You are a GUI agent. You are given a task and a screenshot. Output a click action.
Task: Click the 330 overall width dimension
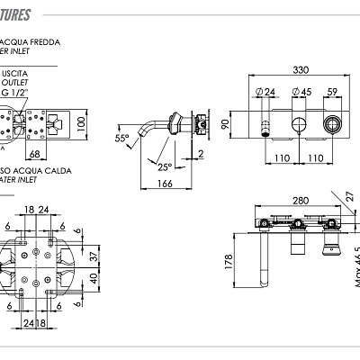(301, 69)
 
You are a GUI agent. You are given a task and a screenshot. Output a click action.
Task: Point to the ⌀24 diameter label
(266, 92)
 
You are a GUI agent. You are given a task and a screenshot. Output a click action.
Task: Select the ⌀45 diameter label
(302, 92)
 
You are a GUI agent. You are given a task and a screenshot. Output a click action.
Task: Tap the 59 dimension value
(333, 92)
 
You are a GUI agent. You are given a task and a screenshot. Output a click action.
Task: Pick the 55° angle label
(121, 139)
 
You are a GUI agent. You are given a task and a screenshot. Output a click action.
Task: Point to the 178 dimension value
(229, 262)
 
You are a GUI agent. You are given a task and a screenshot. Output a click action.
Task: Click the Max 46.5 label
(356, 270)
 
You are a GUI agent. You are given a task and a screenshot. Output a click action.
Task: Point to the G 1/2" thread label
(14, 92)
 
